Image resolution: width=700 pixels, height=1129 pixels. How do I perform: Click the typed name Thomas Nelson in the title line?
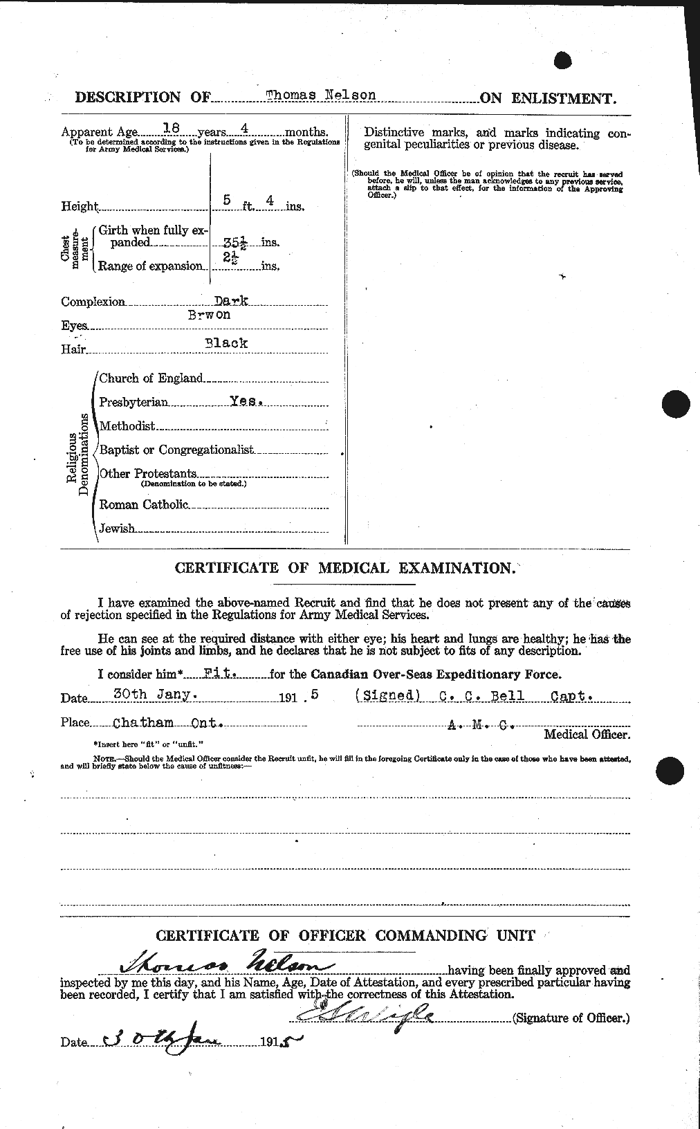pos(320,95)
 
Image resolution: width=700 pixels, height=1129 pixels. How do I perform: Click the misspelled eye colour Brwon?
pos(212,314)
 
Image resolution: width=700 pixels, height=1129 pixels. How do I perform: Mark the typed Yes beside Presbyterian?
pos(246,401)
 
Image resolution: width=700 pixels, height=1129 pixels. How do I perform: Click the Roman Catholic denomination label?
pos(144,504)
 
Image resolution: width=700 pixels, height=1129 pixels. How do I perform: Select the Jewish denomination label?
pos(117,529)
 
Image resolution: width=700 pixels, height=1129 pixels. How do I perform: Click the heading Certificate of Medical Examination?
pos(344,568)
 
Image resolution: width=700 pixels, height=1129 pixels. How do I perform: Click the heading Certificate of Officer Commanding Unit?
pos(345,935)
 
